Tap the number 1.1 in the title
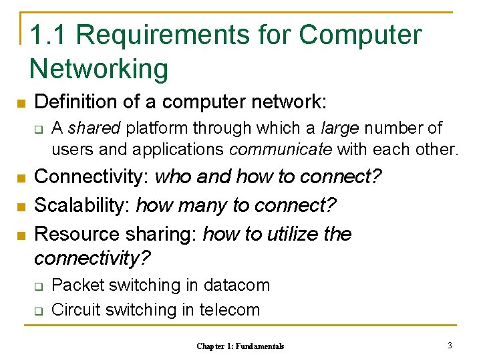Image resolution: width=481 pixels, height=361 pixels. pos(47,35)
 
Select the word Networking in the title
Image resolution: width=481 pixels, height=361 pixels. pos(99,69)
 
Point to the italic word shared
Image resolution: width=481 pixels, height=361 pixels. pos(94,128)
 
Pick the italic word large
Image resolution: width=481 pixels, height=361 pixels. pos(339,128)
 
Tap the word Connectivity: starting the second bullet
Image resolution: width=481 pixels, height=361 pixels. pos(92,177)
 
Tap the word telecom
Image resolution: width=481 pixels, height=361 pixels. pos(230,310)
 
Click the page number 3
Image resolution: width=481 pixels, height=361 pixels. pos(450,346)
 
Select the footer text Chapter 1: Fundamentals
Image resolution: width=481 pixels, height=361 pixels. pos(240,346)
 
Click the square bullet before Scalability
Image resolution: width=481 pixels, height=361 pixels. pos(21,207)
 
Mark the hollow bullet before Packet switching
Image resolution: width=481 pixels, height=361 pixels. pos(39,286)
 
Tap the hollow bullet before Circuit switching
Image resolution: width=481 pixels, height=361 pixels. pos(39,310)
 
